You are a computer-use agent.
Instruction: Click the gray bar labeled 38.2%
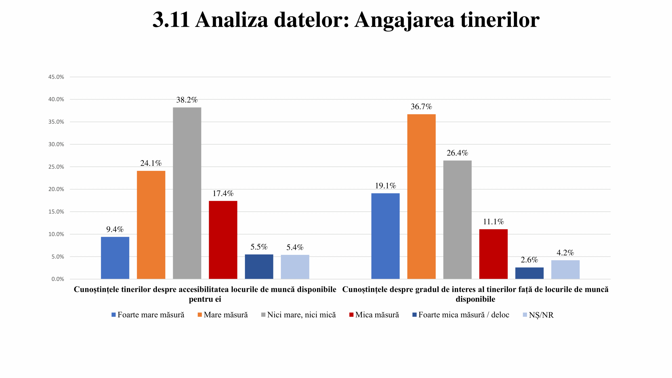[x=187, y=193]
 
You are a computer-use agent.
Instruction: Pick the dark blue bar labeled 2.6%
[x=529, y=273]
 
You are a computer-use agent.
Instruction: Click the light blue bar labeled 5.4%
[x=295, y=267]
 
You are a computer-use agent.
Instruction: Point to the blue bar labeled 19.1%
[x=385, y=236]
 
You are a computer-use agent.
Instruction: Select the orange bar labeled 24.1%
[x=151, y=225]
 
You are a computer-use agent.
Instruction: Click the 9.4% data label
[x=115, y=229]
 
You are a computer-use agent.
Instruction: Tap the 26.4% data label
[x=457, y=153]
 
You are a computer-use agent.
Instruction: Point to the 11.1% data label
[x=493, y=222]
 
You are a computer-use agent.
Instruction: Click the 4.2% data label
[x=565, y=253]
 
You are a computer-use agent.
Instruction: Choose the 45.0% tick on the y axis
[x=56, y=77]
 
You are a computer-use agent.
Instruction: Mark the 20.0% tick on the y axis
[x=56, y=189]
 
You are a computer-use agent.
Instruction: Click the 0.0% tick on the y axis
[x=57, y=279]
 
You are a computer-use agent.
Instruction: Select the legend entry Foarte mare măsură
[x=151, y=315]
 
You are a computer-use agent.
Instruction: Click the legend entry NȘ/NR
[x=541, y=315]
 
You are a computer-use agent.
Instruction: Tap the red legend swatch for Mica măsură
[x=351, y=315]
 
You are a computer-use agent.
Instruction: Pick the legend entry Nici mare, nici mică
[x=301, y=315]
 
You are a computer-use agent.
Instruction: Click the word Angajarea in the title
[x=404, y=20]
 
